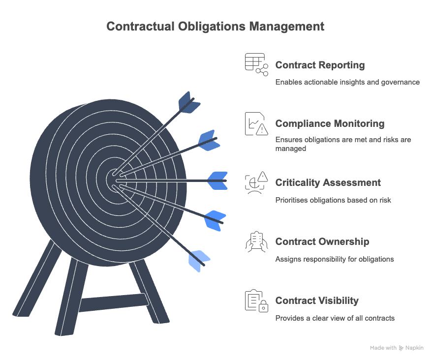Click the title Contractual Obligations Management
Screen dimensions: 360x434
216,26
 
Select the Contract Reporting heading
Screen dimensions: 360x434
320,65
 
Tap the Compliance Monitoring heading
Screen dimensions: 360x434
330,124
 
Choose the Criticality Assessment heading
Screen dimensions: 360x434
328,183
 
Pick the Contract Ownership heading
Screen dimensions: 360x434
322,242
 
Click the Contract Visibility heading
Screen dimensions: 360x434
317,301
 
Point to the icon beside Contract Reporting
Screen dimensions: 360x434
256,64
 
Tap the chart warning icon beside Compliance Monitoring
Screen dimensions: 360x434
256,123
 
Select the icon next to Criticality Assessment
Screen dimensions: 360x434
256,182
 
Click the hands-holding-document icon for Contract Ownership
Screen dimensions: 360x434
256,241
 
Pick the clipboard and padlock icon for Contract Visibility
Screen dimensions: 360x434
256,300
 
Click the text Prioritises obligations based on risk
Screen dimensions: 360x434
333,200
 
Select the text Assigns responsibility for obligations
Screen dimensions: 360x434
335,259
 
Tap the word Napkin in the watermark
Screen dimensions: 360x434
415,348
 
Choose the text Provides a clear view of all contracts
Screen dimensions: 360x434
335,318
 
